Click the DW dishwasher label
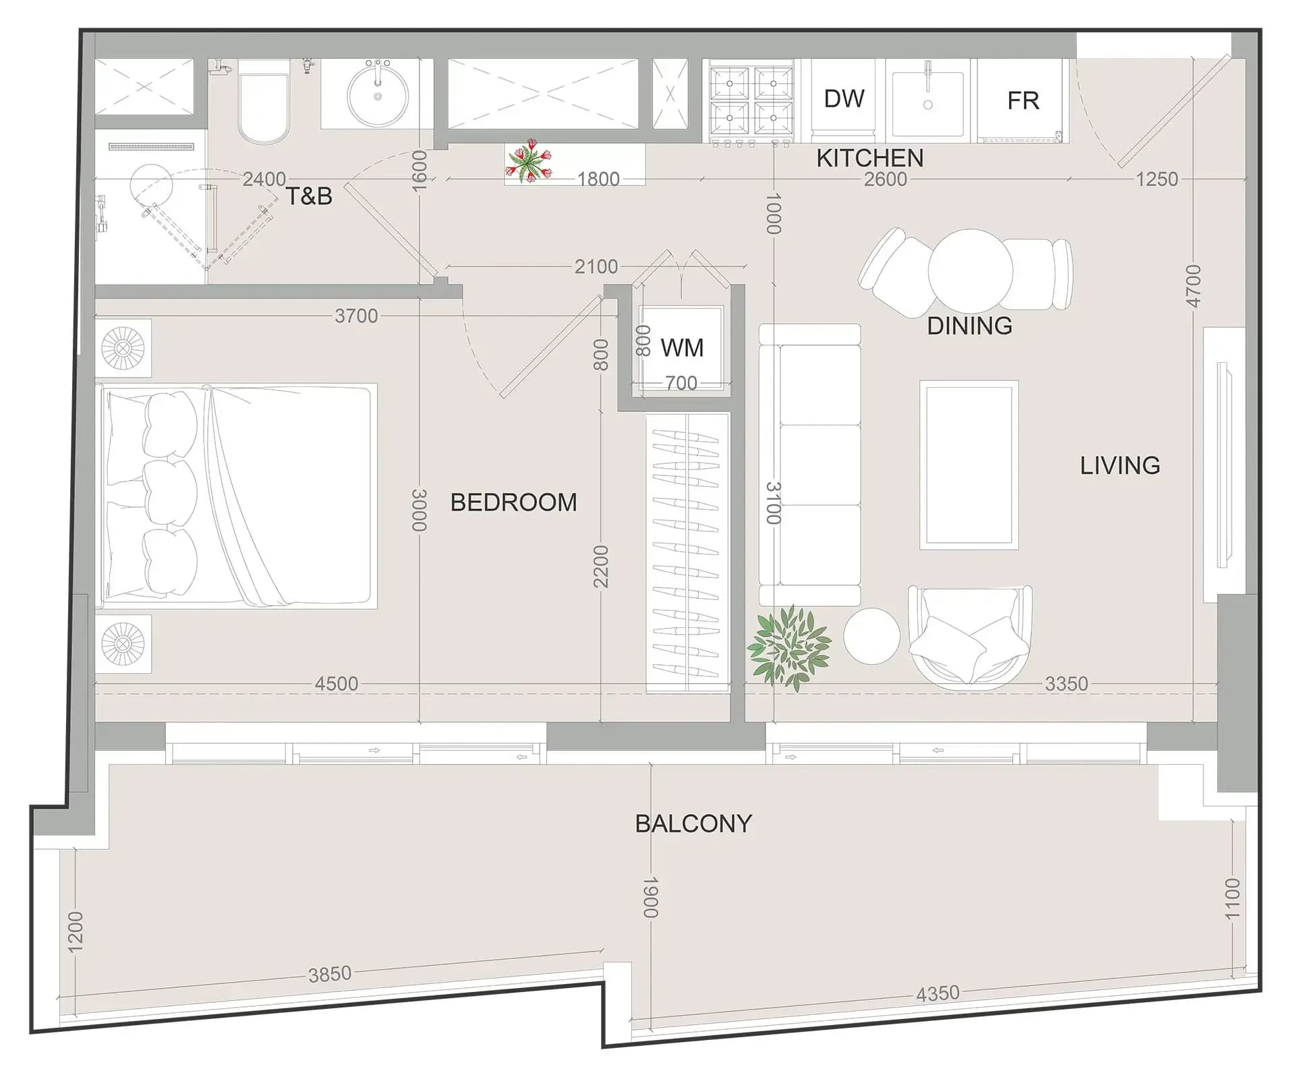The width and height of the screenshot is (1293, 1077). coord(843,99)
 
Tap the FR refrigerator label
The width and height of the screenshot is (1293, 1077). coord(1023,101)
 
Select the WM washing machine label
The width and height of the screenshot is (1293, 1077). coord(682,348)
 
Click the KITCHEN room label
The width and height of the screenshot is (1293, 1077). coord(869,158)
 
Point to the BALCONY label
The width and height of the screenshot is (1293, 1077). coord(693,823)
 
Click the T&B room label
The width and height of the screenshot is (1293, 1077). coord(309,196)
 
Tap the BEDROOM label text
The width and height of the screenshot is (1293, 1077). coord(513,502)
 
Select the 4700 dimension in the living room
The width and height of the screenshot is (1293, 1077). coord(1193,286)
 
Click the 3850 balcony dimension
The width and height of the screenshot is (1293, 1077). coord(330,974)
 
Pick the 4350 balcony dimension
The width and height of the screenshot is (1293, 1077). coord(938,993)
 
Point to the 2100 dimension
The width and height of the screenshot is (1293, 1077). coord(596,267)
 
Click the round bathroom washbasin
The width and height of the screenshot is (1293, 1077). coord(378,96)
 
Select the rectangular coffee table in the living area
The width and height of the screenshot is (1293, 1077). coord(969,465)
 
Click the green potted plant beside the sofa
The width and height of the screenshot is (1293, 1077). coord(788,646)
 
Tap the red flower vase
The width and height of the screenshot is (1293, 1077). coord(530,161)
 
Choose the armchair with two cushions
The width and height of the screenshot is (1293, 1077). coord(970,636)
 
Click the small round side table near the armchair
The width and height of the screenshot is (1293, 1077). coord(871,636)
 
